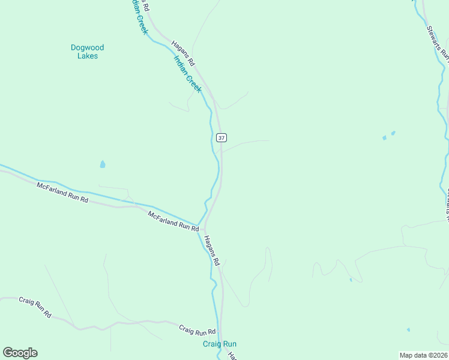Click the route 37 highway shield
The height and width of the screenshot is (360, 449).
221,137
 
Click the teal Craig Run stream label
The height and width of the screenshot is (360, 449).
219,344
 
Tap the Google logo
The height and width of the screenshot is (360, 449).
20,353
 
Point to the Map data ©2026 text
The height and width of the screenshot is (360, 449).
423,355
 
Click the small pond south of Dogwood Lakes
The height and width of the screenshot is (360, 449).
103,164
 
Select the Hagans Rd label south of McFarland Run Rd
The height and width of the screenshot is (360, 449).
212,251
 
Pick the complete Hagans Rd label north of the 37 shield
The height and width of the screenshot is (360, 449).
183,53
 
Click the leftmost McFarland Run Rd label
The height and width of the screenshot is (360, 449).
62,193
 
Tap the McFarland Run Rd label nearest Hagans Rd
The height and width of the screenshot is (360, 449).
173,221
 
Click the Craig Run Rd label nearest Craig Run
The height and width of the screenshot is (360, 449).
197,331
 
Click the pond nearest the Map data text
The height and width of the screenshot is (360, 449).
408,329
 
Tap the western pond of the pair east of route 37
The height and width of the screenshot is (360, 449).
384,138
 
